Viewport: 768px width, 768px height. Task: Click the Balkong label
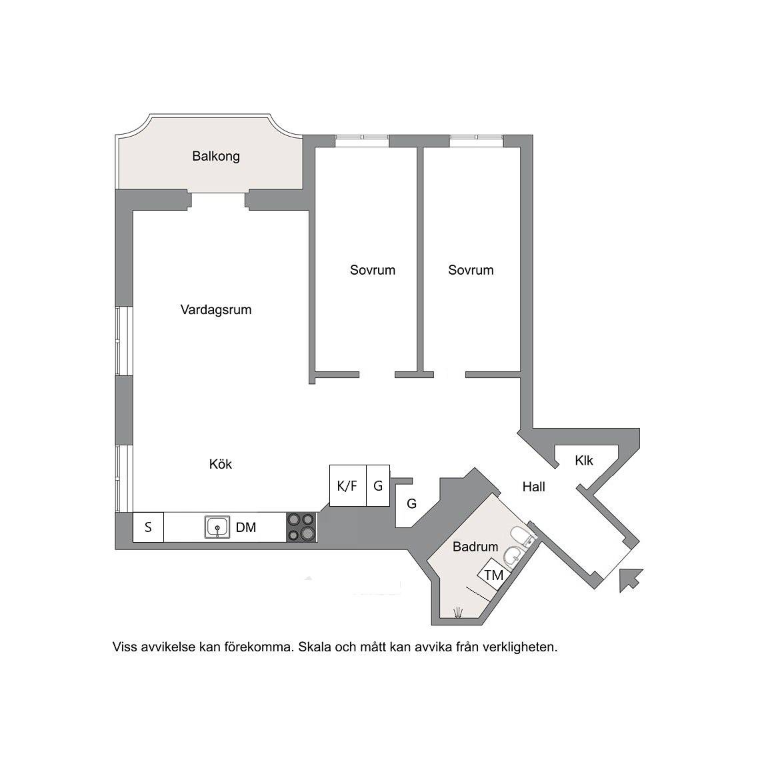tap(215, 157)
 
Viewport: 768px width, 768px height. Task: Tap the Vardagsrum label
tap(216, 309)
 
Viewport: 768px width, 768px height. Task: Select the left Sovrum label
tap(372, 270)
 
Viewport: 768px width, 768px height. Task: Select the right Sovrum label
tap(471, 270)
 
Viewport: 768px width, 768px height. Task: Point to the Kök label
tap(221, 464)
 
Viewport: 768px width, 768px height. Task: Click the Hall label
tap(533, 487)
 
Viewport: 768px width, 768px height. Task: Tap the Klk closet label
tap(584, 461)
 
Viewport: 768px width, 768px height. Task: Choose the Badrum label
tap(475, 547)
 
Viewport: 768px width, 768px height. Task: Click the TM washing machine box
tap(494, 574)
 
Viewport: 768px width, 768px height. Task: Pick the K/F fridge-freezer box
tap(348, 485)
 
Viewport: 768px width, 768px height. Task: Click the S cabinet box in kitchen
tap(148, 527)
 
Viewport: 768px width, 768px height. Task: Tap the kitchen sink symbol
tap(217, 527)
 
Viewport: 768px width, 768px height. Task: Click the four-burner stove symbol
tap(301, 527)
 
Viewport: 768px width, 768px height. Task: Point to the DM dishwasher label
tap(246, 527)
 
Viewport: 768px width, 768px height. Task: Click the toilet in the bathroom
tap(522, 536)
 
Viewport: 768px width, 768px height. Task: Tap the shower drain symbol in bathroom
tap(458, 612)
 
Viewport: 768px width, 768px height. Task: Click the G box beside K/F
tap(378, 485)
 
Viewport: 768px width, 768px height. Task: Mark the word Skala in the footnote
tap(315, 647)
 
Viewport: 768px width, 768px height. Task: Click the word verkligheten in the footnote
tap(520, 647)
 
